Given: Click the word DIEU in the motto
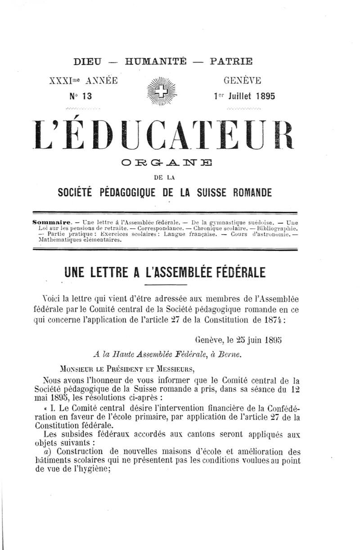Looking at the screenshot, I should click(88, 61).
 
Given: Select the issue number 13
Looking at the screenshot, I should click(85, 96).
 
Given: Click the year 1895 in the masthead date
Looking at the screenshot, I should click(264, 96).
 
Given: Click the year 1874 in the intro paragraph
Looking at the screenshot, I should click(272, 320).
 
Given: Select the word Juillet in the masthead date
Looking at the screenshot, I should click(239, 96).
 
